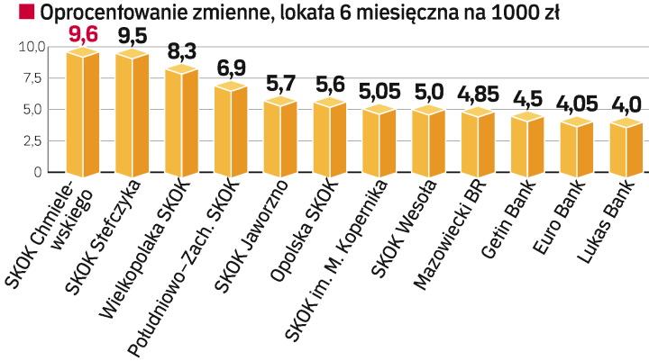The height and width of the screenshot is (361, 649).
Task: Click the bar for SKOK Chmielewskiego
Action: pos(84,113)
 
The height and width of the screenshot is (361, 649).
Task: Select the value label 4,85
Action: pos(475,94)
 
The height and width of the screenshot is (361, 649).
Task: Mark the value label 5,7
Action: pos(281,84)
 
